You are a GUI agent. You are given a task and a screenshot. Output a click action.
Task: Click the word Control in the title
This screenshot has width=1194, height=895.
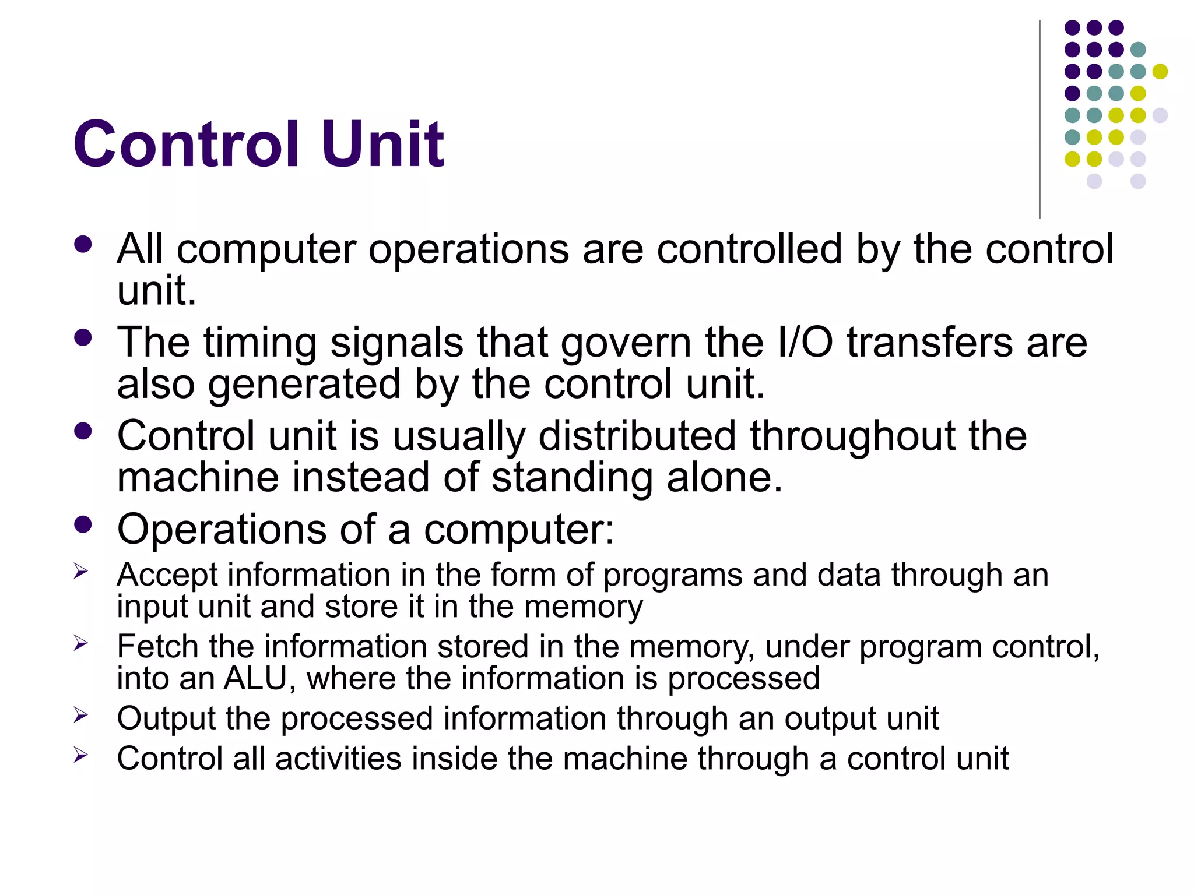point(186,144)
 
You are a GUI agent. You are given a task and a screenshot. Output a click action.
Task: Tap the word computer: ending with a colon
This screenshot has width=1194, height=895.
point(519,530)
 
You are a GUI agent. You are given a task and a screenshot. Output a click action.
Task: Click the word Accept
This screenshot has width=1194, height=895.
point(167,576)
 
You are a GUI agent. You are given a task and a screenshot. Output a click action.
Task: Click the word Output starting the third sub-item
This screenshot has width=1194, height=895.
point(166,718)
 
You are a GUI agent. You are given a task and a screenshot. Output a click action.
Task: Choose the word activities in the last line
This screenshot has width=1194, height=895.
point(338,759)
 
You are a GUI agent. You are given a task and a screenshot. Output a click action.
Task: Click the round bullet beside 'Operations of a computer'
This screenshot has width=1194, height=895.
point(83,524)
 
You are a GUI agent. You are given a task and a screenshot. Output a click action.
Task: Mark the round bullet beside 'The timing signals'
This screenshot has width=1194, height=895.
point(83,338)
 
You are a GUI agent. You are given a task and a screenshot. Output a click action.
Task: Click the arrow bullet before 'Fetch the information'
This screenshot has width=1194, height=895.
point(80,643)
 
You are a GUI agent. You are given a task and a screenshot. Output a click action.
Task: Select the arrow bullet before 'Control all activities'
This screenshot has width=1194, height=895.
point(80,755)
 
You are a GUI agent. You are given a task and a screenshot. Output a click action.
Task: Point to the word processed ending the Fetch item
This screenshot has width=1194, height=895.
point(743,679)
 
